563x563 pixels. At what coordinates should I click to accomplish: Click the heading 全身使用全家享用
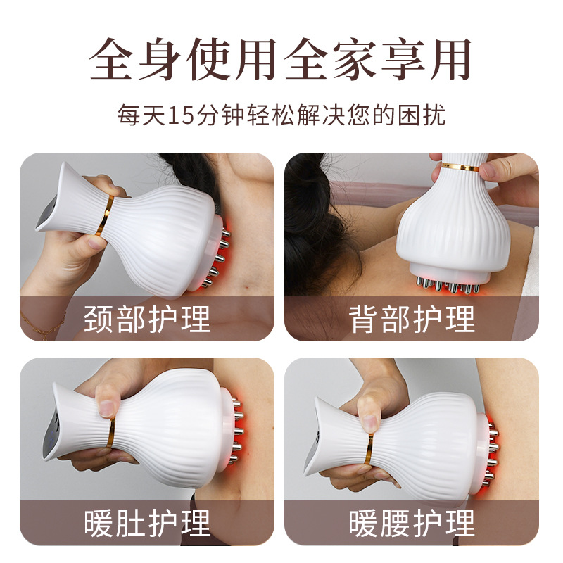point(280,59)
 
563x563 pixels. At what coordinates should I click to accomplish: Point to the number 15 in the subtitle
point(181,115)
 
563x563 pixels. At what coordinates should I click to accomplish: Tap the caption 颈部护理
point(147,319)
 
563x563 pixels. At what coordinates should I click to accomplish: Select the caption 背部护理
point(412,319)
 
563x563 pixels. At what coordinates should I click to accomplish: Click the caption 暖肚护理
point(147,523)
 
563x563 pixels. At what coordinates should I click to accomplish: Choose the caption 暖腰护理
point(412,523)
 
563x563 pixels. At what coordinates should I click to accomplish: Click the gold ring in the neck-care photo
point(105,216)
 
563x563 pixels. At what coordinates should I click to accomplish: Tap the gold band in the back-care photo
point(461,167)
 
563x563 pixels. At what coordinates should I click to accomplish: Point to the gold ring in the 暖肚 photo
point(110,432)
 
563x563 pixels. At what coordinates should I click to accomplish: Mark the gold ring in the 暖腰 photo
point(369,449)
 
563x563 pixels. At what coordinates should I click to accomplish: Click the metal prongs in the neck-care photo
point(219,257)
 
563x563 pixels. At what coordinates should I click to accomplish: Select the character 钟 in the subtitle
point(233,115)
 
